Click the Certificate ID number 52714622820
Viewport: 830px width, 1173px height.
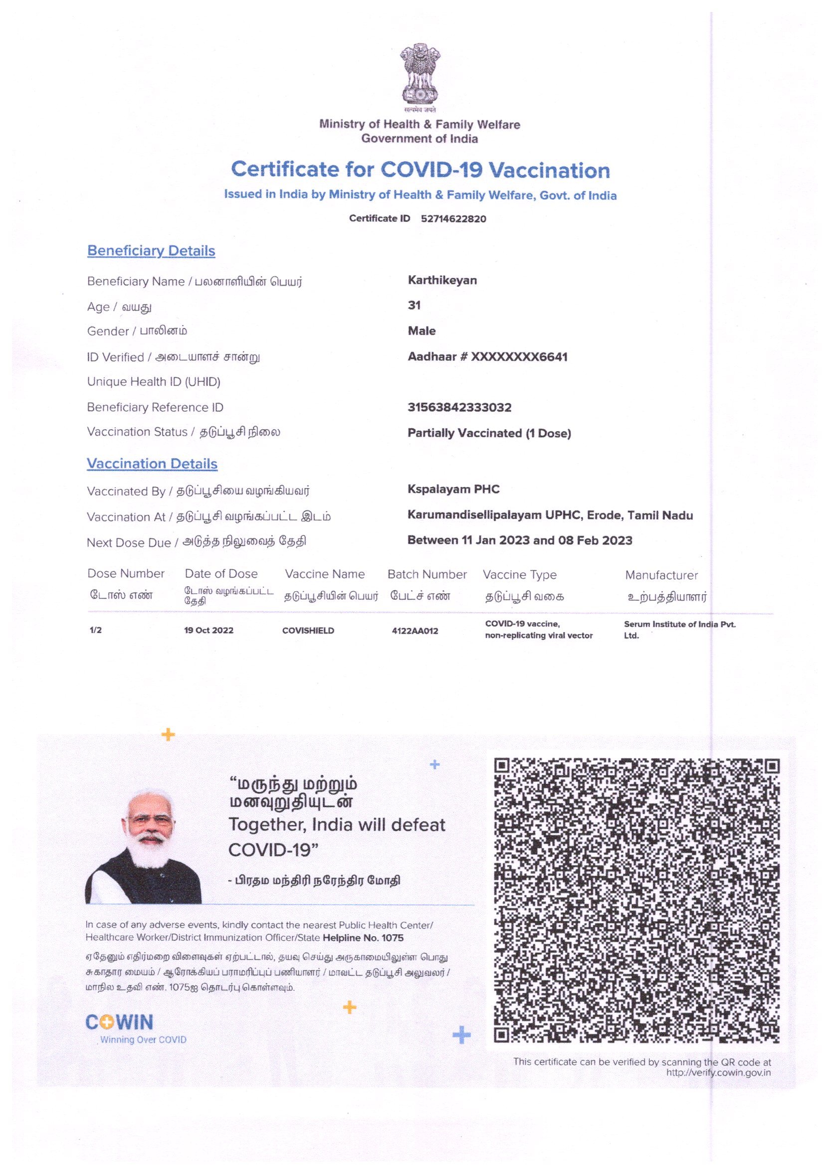453,219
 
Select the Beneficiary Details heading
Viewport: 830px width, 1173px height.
151,251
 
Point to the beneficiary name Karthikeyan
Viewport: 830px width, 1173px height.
442,281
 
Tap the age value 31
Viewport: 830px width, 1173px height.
414,306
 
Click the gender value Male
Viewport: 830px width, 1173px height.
421,331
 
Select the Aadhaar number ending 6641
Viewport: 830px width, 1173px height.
487,356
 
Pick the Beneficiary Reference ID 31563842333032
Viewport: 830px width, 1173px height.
459,408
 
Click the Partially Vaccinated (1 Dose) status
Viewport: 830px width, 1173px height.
489,433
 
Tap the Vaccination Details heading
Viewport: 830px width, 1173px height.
152,464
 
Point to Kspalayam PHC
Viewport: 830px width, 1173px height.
453,490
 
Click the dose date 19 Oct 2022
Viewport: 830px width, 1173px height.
208,631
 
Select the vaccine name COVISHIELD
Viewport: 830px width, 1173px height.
308,631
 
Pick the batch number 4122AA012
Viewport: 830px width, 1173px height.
415,631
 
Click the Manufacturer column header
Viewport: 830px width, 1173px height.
661,575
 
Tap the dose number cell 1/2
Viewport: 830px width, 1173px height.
96,630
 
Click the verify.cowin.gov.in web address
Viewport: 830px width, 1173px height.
718,1072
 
